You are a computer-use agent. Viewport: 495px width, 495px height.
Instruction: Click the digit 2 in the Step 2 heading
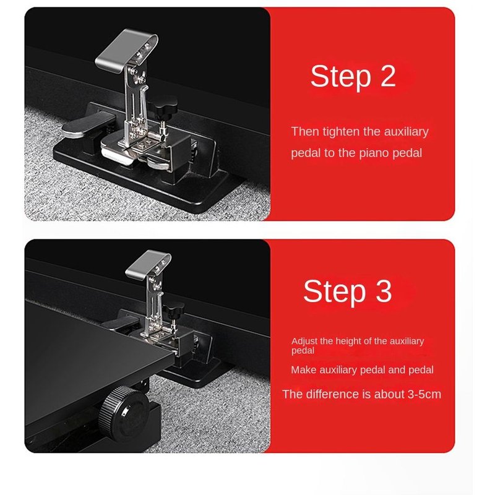click(388, 75)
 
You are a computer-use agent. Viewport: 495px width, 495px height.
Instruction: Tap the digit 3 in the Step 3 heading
click(384, 291)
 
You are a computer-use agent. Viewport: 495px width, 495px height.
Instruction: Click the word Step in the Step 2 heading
click(341, 78)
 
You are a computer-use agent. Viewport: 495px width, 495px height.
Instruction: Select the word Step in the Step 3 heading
click(335, 293)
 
